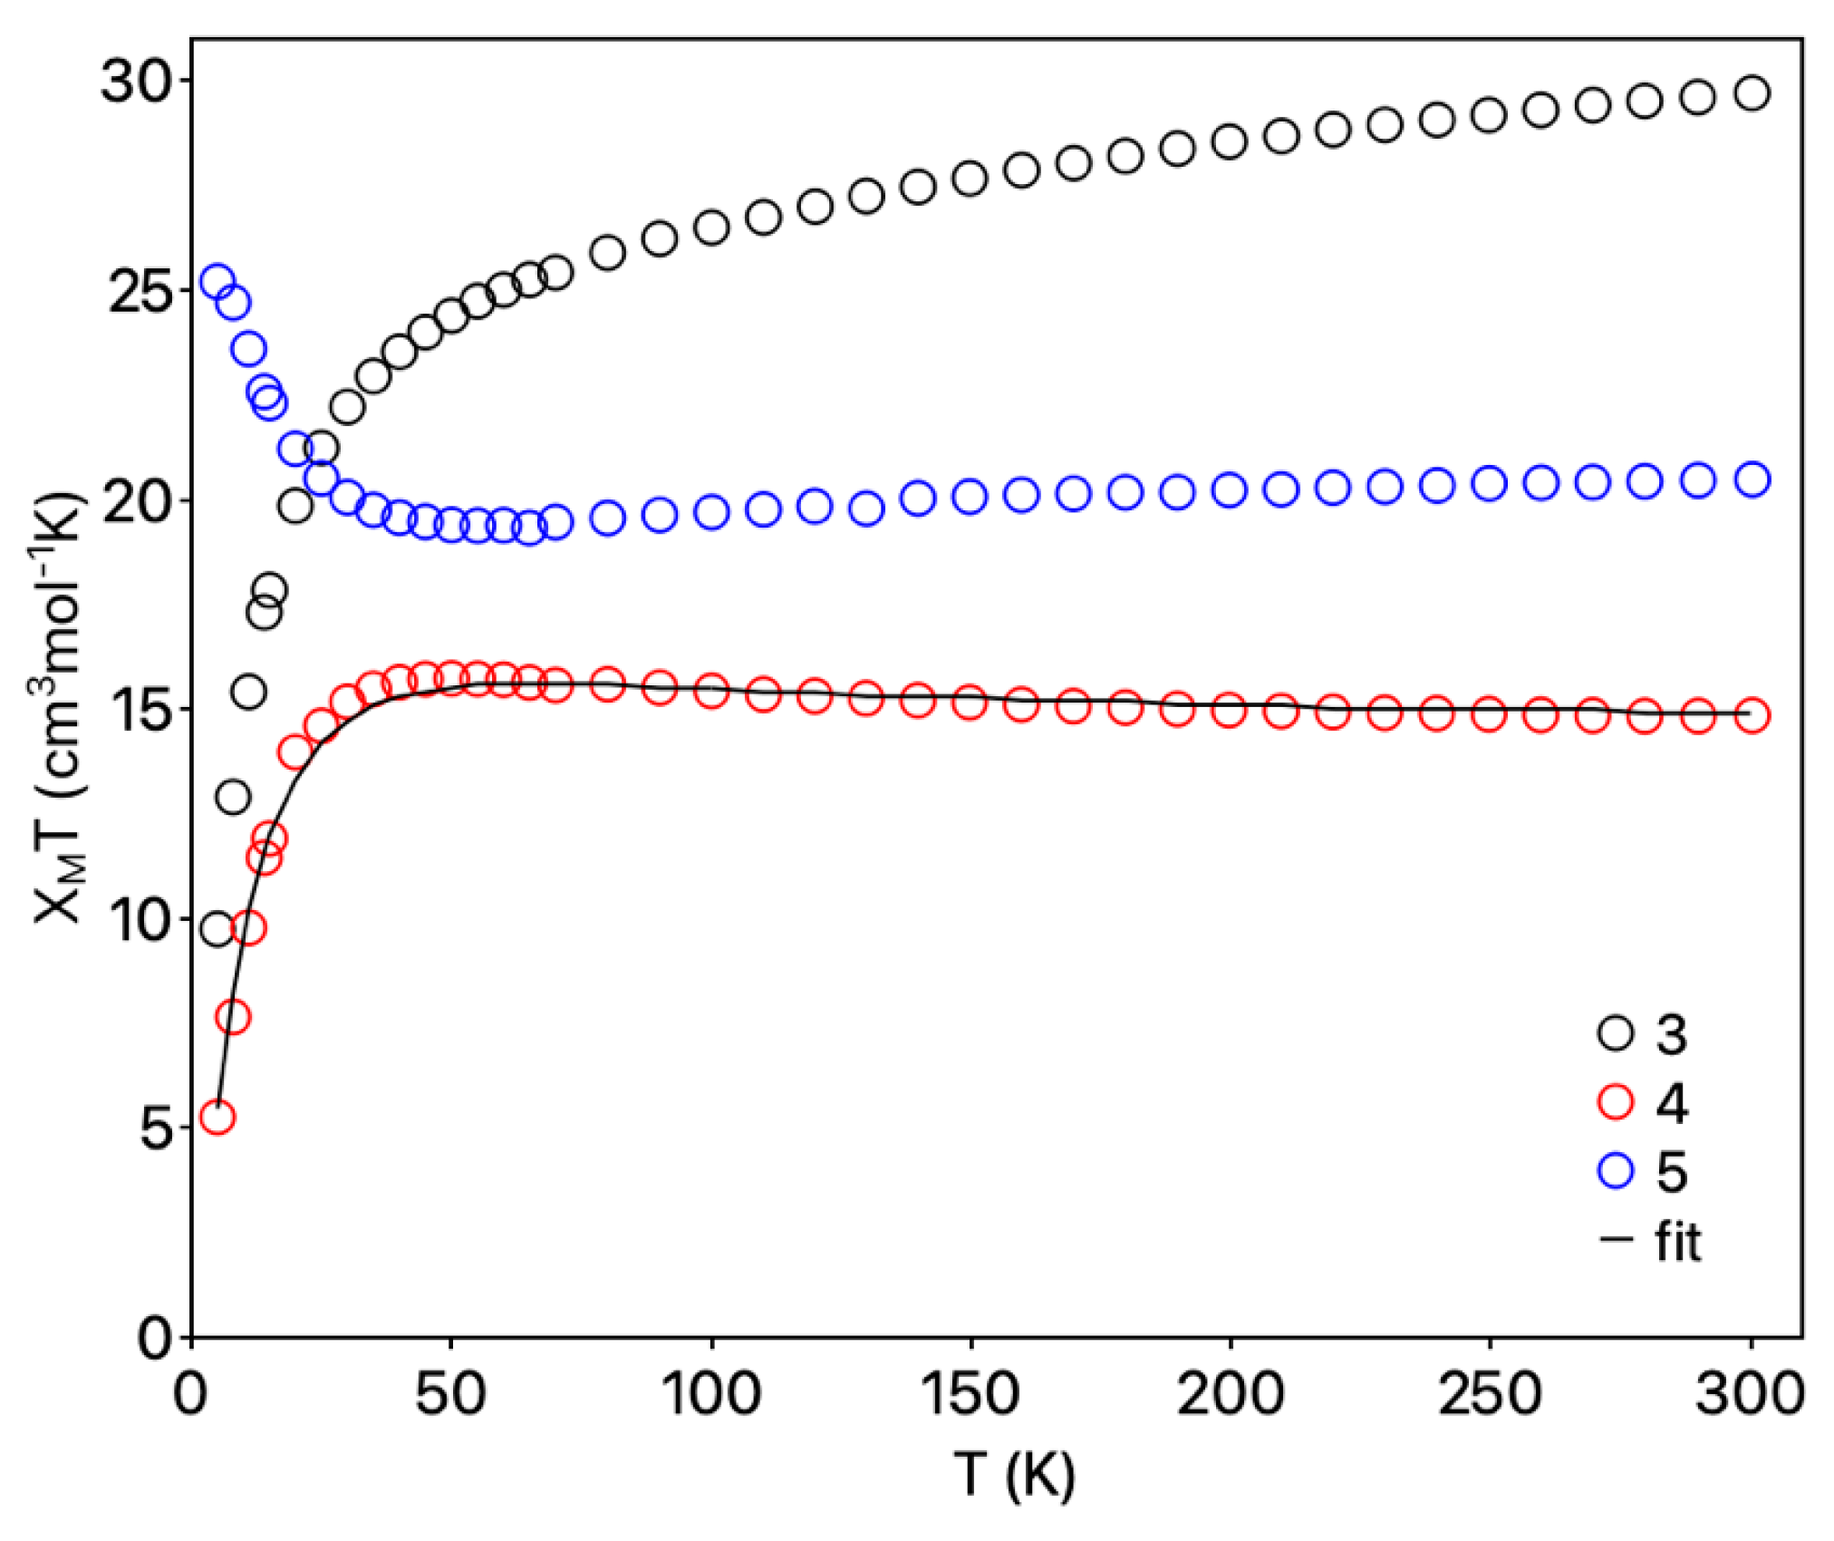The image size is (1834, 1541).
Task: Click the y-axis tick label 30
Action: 137,82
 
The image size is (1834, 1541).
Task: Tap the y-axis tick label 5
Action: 157,1129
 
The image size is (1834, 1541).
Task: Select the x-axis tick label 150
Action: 970,1393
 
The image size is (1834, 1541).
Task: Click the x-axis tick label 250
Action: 1489,1393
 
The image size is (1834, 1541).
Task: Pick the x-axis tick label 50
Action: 451,1393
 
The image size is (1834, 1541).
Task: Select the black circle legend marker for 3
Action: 1615,1032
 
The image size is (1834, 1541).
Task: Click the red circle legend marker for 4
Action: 1615,1102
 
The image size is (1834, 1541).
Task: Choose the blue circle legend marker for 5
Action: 1615,1171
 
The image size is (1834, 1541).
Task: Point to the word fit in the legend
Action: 1677,1241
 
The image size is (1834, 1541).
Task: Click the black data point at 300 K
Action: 1752,93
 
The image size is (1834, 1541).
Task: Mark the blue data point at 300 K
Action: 1752,480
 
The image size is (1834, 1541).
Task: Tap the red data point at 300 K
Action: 1752,715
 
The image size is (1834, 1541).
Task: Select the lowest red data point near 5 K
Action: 217,1117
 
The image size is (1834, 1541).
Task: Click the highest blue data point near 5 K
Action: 217,282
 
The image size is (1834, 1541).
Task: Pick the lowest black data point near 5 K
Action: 217,929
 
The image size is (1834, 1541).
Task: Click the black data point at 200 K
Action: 1229,142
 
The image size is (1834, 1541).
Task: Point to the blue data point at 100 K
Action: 711,512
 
